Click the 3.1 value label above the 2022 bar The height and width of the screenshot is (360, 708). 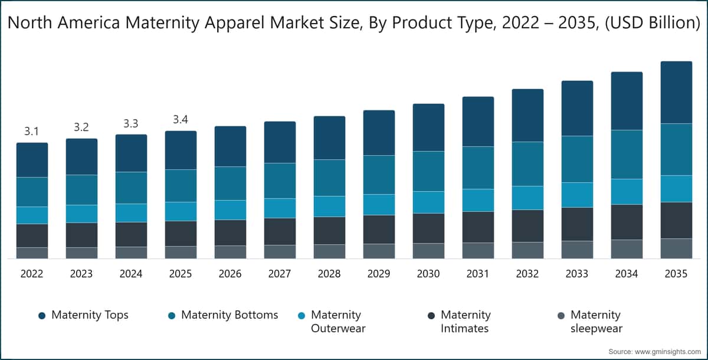point(32,132)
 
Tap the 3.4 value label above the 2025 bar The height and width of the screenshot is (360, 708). point(181,120)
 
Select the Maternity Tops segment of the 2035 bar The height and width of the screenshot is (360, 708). point(676,92)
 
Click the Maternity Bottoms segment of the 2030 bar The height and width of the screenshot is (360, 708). point(428,171)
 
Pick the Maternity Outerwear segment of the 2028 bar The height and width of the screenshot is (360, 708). point(329,206)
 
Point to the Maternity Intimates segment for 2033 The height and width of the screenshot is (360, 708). point(577,224)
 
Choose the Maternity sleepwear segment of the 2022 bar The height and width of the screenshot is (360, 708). point(32,253)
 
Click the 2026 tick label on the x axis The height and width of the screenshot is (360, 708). point(230,274)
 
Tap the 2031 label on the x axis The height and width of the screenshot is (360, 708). point(478,274)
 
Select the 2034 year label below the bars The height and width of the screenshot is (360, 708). point(627,274)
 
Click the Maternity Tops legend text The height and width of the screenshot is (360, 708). point(90,315)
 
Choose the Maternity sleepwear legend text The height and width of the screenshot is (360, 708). point(596,322)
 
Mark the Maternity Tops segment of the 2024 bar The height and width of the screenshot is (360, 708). point(131,153)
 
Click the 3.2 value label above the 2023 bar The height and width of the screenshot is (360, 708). point(81,127)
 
